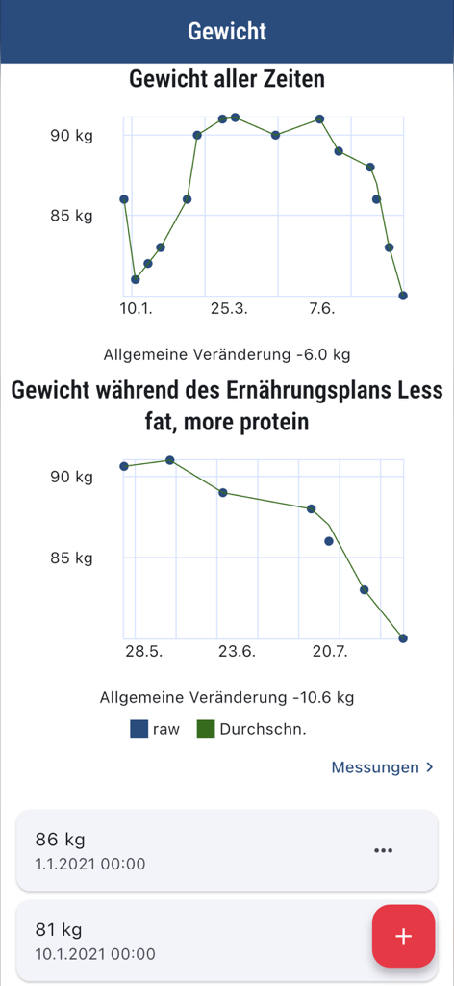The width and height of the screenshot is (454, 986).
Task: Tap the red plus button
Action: [x=403, y=936]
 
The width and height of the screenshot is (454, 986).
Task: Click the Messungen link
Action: [x=375, y=767]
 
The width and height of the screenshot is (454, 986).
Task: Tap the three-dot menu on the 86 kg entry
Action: [x=383, y=850]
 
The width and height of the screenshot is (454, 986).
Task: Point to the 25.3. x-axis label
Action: [x=228, y=308]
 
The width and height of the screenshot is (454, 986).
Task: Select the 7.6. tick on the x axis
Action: [x=321, y=308]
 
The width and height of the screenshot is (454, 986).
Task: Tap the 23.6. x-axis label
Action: [x=237, y=651]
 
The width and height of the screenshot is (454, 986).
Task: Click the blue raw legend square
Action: [x=139, y=729]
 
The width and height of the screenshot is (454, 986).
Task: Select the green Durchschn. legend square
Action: [x=206, y=729]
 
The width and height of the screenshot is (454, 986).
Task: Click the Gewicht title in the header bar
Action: [x=227, y=31]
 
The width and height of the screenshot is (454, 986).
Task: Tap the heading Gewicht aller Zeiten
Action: [x=227, y=80]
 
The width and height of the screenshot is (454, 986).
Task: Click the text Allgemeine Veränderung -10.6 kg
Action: [x=227, y=696]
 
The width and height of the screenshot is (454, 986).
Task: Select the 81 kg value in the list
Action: [x=59, y=930]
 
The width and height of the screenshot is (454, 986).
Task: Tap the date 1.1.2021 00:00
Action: [x=90, y=864]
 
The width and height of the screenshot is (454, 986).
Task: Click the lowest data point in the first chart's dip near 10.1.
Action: [x=136, y=279]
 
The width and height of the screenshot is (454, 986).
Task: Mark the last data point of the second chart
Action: [x=403, y=638]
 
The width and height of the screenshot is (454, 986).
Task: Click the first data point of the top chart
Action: [x=124, y=199]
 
